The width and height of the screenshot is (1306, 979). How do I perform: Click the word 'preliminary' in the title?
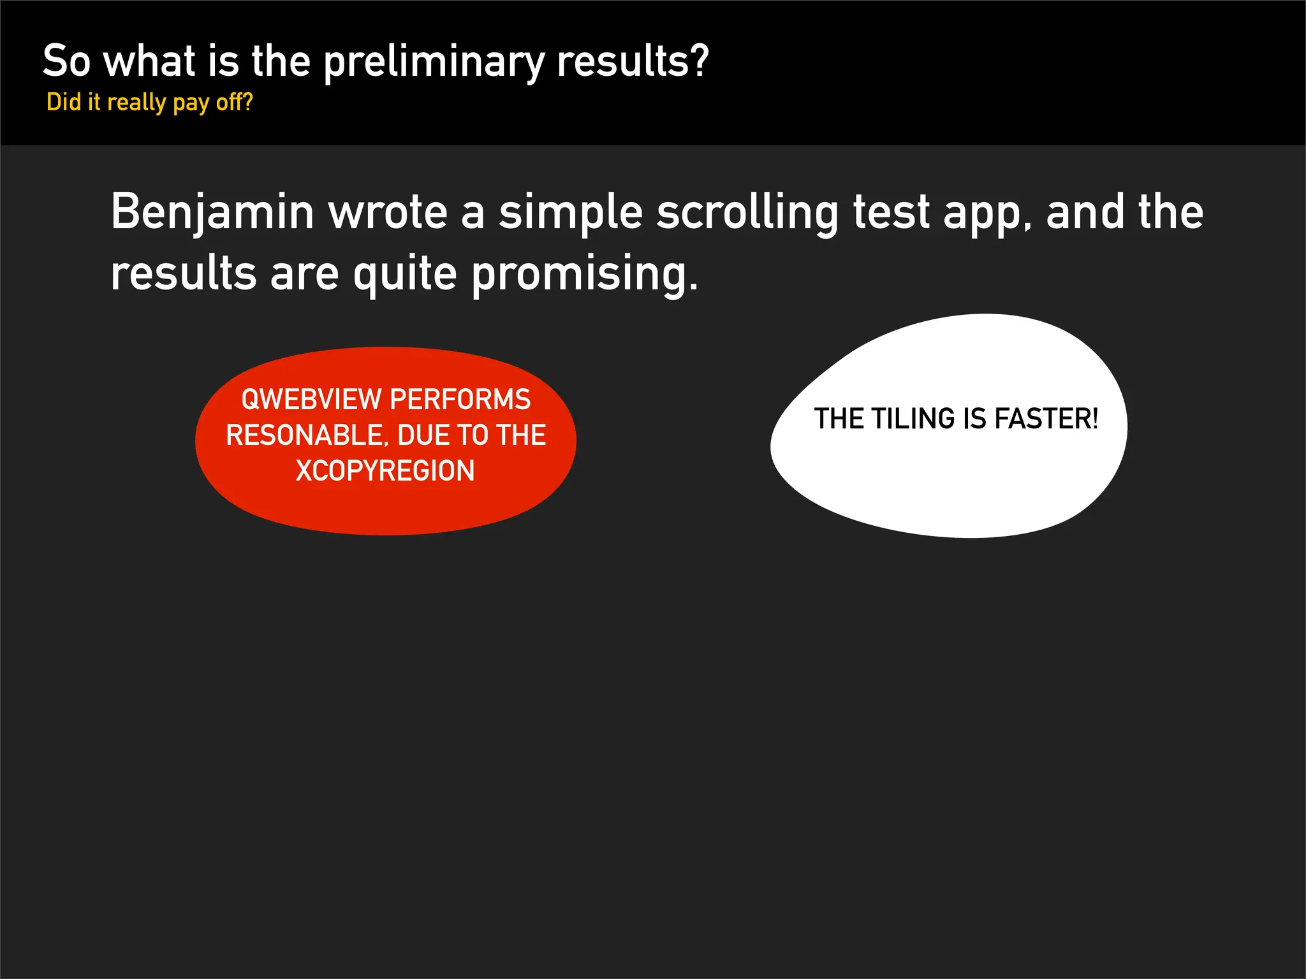pyautogui.click(x=434, y=62)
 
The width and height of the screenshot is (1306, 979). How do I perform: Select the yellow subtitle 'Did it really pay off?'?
pyautogui.click(x=150, y=102)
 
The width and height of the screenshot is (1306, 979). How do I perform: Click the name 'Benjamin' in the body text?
pyautogui.click(x=212, y=212)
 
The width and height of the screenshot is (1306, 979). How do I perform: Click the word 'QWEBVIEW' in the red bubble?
pyautogui.click(x=311, y=400)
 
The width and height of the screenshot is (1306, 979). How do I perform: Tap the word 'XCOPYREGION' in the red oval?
pyautogui.click(x=385, y=471)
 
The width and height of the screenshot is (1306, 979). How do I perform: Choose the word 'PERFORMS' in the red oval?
pyautogui.click(x=460, y=400)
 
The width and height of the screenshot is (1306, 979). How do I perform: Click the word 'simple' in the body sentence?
pyautogui.click(x=570, y=212)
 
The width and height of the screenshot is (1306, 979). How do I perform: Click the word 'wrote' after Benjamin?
pyautogui.click(x=388, y=212)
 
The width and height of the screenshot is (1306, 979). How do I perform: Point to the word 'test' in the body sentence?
pyautogui.click(x=891, y=212)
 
